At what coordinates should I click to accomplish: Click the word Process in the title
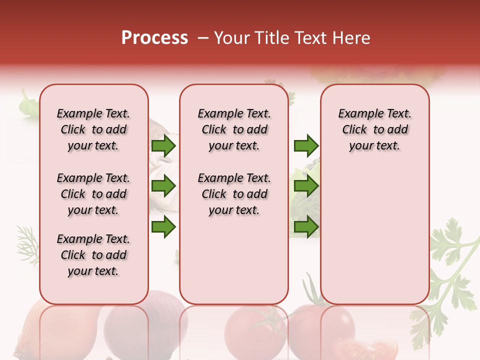click(154, 38)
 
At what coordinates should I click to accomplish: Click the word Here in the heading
click(351, 38)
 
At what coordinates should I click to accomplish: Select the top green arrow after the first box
click(163, 145)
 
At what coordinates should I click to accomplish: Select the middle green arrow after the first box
click(163, 186)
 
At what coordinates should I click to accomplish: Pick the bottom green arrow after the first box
click(163, 227)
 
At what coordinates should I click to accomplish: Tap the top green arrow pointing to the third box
click(306, 145)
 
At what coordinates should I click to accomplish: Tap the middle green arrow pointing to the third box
click(306, 186)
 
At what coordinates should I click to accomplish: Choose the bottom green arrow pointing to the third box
click(306, 227)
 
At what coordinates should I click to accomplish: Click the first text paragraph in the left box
click(93, 129)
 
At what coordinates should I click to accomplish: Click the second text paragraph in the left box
click(93, 194)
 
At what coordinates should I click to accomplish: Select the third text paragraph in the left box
click(93, 255)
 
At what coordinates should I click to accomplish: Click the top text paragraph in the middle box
click(234, 129)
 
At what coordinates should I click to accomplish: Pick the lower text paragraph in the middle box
click(234, 194)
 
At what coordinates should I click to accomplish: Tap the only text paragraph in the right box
click(374, 129)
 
